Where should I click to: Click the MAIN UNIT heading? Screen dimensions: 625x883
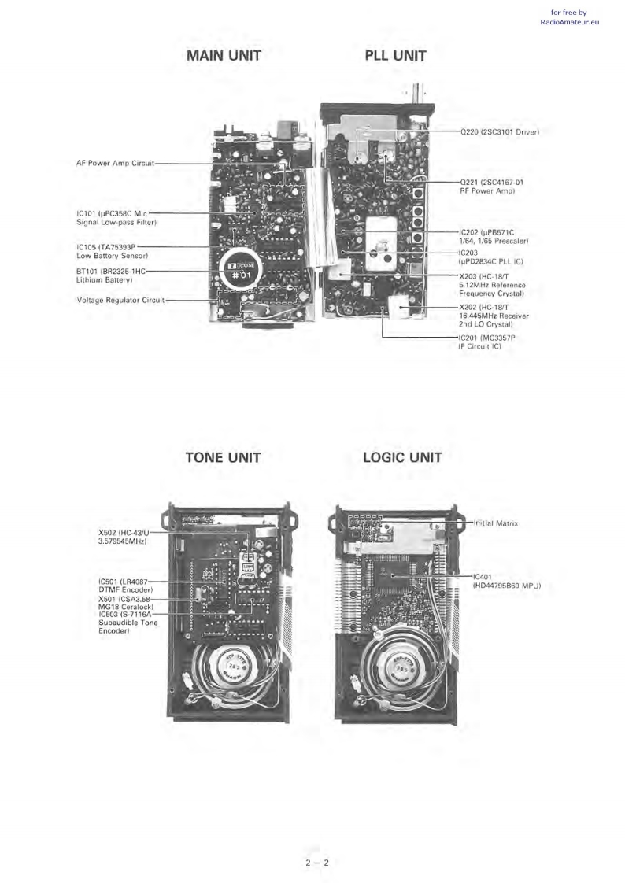pyautogui.click(x=224, y=56)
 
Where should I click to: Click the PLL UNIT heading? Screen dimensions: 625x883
pyautogui.click(x=395, y=56)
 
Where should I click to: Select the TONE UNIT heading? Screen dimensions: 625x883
pyautogui.click(x=223, y=457)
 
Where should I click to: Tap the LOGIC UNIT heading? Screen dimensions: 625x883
pyautogui.click(x=402, y=457)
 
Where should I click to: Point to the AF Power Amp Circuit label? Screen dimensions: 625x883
pyautogui.click(x=115, y=164)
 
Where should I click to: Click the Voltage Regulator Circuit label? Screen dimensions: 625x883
pyautogui.click(x=120, y=300)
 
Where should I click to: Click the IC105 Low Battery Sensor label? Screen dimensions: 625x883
pyautogui.click(x=113, y=251)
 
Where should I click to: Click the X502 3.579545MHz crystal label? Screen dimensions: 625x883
pyautogui.click(x=118, y=537)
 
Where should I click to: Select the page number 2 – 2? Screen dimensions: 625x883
pyautogui.click(x=316, y=863)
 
